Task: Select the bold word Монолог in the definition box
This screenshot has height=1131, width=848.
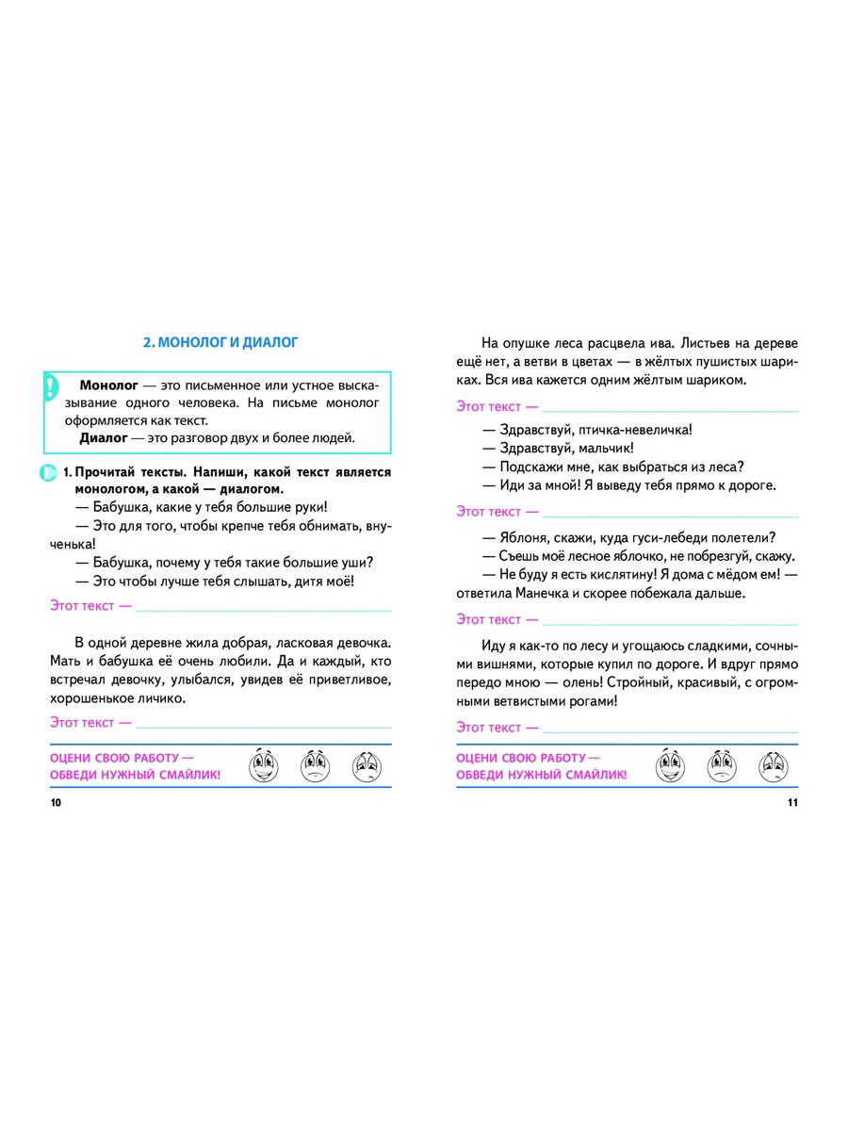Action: click(109, 386)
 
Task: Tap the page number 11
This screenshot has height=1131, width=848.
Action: click(791, 802)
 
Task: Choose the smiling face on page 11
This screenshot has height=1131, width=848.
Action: click(670, 764)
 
